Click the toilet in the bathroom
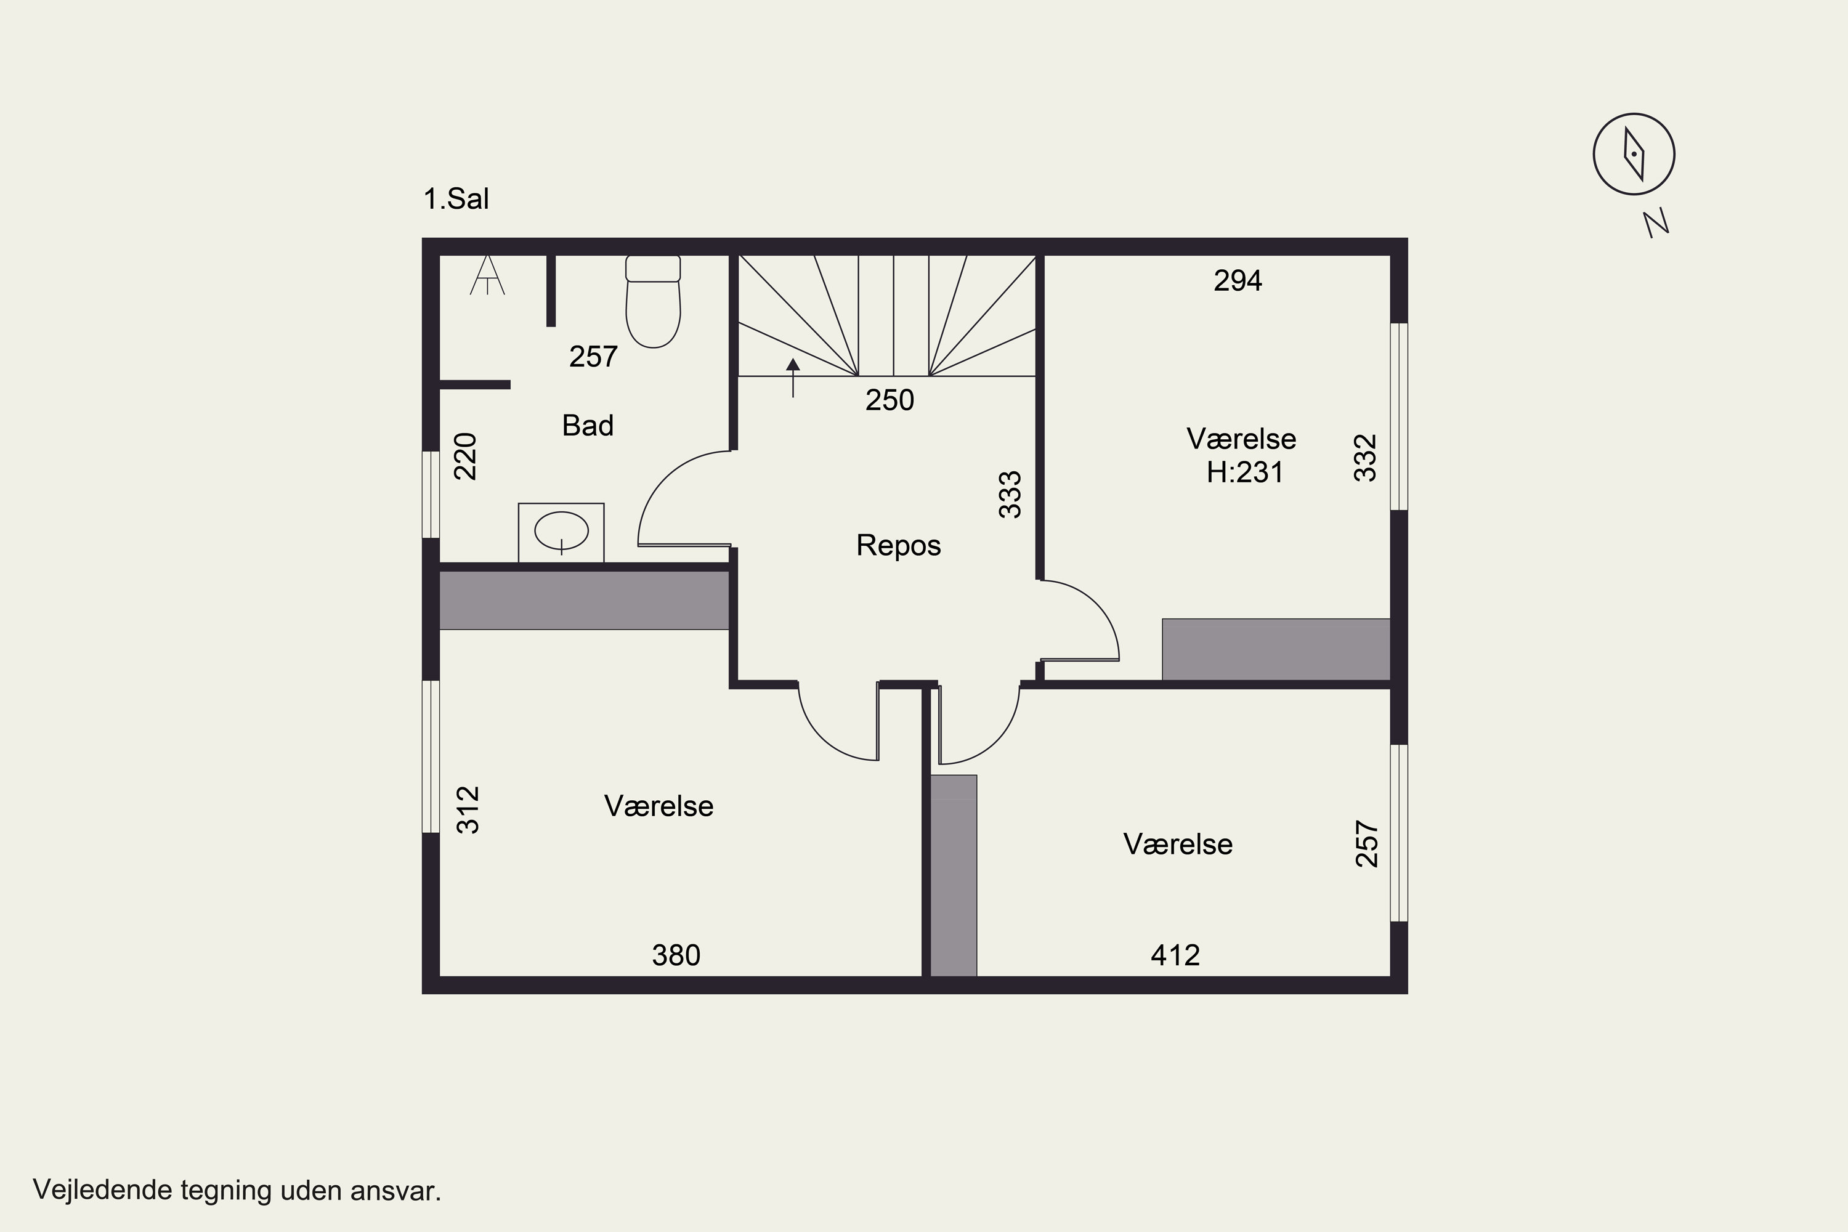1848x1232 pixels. [x=653, y=301]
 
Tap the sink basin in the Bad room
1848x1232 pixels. [x=562, y=531]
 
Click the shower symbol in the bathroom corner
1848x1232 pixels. [x=487, y=274]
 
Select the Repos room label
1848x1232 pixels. [x=898, y=545]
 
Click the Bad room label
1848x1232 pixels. [x=588, y=425]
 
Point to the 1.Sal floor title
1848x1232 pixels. [x=456, y=199]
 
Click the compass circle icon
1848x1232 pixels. [x=1634, y=154]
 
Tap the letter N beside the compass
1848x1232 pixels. [x=1656, y=222]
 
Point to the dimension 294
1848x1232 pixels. [x=1238, y=280]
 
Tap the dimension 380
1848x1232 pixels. [x=676, y=955]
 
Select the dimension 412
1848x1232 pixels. [x=1175, y=955]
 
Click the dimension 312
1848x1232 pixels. [x=468, y=809]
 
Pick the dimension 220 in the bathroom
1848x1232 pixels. [x=465, y=456]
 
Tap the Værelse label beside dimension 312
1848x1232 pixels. [x=659, y=806]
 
